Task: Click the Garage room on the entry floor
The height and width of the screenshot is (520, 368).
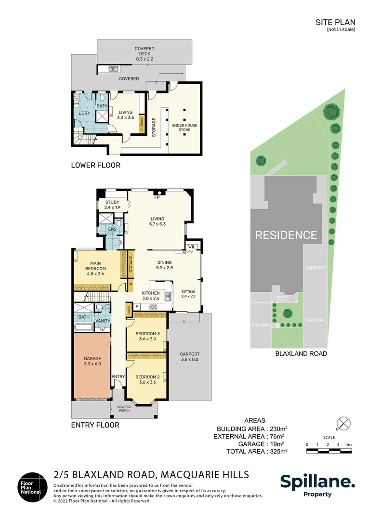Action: click(92, 366)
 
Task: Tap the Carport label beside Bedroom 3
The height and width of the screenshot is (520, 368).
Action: click(189, 356)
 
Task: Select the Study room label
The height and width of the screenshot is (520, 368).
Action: click(112, 205)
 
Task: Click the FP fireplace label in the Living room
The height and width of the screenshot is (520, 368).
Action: click(157, 197)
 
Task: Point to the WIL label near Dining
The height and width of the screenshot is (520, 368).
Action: click(192, 247)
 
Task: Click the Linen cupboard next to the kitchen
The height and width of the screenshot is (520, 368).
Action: click(129, 310)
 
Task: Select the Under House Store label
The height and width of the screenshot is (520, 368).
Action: click(184, 127)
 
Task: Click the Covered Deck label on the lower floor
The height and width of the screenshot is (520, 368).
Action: click(145, 54)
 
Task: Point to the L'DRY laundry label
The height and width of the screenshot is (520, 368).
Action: click(84, 113)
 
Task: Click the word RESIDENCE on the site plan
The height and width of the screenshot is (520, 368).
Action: click(286, 235)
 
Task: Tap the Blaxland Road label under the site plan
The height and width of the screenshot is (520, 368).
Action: click(301, 353)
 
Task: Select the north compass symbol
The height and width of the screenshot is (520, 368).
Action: click(344, 424)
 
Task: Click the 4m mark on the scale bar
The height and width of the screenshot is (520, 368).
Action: click(348, 444)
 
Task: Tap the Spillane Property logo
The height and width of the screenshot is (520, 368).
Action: click(317, 485)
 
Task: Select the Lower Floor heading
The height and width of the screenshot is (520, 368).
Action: click(95, 165)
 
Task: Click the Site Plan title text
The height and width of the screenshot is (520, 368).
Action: click(335, 22)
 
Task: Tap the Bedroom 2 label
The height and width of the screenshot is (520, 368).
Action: click(147, 379)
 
